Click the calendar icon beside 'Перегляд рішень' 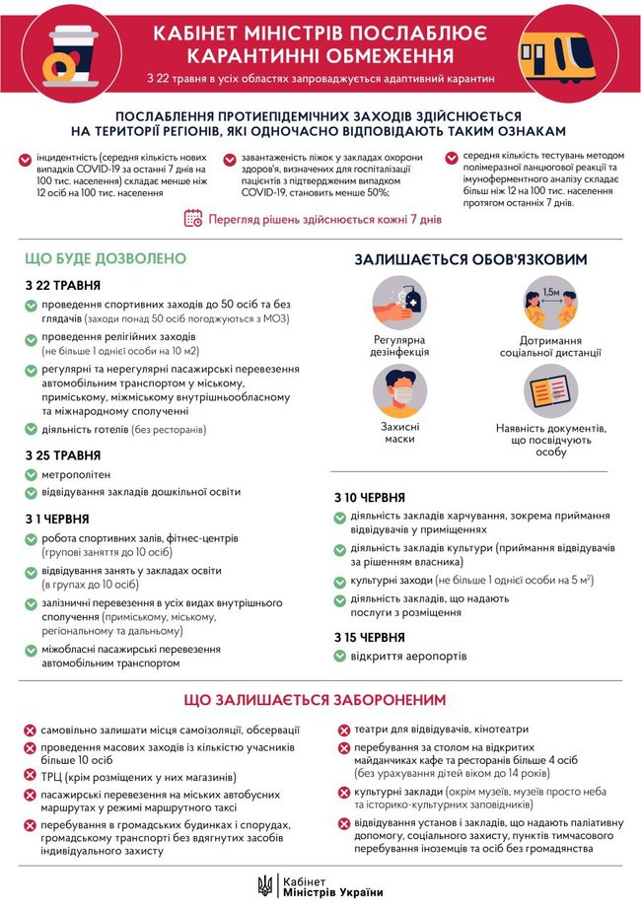[x=193, y=218]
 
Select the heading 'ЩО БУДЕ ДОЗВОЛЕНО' [x=106, y=258]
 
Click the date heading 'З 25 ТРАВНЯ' [x=63, y=454]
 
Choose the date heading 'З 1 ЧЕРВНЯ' [x=58, y=518]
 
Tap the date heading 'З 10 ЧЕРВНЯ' [x=371, y=496]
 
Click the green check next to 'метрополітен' [x=32, y=475]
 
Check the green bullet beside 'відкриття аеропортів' [x=341, y=657]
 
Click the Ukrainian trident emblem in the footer [x=265, y=885]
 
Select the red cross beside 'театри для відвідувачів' [x=344, y=732]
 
